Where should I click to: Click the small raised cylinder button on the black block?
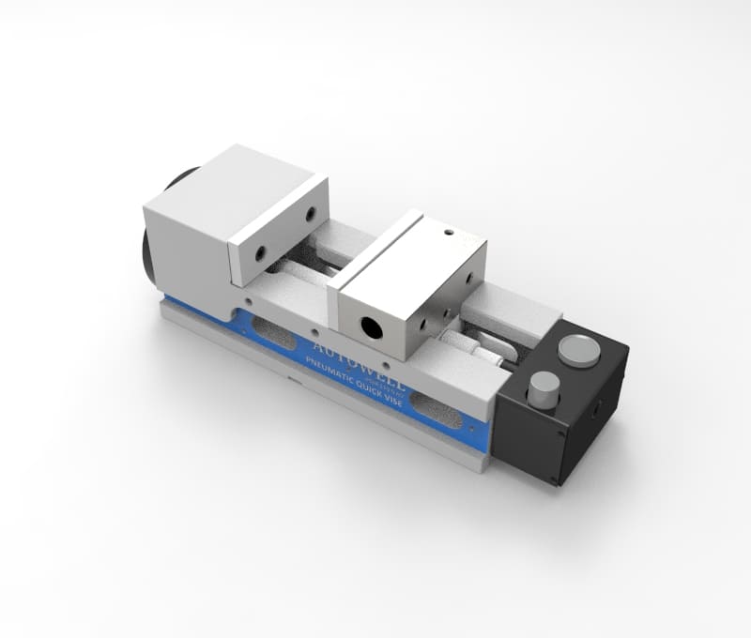tap(543, 387)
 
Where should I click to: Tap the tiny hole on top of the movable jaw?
tap(449, 232)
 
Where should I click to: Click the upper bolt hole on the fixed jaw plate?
tap(309, 215)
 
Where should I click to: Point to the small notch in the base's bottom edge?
tap(293, 382)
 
